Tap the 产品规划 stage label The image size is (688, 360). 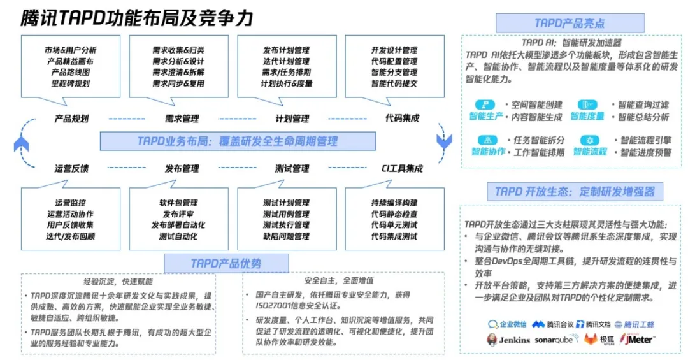coord(71,119)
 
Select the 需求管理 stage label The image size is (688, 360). coord(182,119)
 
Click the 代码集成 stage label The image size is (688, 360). coord(402,119)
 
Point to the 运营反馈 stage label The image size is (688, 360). coord(71,169)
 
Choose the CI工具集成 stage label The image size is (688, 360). coord(402,169)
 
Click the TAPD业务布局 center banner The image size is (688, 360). coord(237,141)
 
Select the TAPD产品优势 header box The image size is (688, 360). coord(226,263)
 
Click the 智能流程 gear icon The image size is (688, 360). coord(589,140)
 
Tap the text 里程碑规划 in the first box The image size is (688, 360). coord(71,83)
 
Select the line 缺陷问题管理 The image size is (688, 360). coord(286,236)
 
